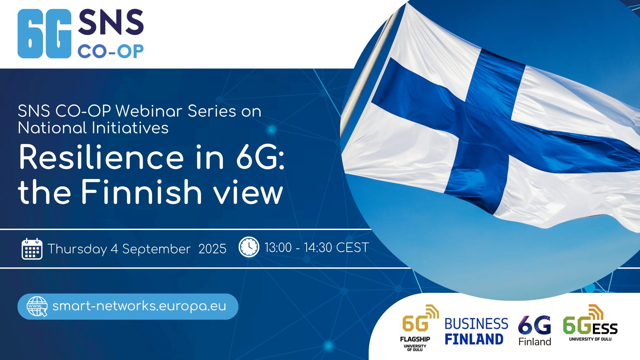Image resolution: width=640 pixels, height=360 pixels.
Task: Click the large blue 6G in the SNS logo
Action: coord(44,34)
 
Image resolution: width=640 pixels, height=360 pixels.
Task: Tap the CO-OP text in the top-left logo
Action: coord(111,52)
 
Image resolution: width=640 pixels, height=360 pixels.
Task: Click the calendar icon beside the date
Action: coord(32,249)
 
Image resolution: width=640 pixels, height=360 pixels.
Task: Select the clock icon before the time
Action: coord(249,247)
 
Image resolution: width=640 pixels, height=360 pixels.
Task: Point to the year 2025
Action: coord(212,249)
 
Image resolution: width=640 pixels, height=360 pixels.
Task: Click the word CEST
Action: coord(352,247)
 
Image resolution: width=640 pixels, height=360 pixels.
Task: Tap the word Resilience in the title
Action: coord(101,157)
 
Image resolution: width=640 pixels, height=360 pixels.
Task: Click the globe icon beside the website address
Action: coord(37,306)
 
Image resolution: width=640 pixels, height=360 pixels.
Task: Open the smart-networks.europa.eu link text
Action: coord(139,306)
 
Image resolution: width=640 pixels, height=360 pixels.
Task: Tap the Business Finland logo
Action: coord(476,331)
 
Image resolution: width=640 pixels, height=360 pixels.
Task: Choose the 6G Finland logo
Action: coord(535,330)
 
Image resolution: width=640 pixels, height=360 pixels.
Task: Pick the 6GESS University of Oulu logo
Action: coord(590,323)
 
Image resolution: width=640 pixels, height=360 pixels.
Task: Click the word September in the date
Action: coord(156,249)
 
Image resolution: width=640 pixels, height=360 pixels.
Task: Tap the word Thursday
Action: coord(77,249)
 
